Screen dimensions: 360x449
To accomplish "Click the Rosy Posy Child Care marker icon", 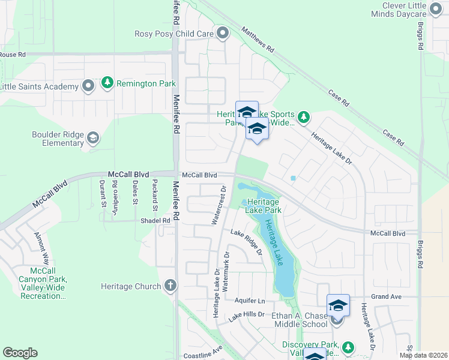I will point(223,34).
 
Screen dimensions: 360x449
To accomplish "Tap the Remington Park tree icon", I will point(107,83).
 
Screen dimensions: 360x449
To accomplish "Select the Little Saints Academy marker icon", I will point(88,86).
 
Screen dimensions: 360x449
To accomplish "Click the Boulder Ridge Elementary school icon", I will point(93,139).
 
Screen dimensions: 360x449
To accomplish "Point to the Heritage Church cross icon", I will point(170,286).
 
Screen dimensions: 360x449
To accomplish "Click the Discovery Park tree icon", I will point(348,347).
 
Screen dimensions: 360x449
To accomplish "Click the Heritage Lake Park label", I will point(262,206).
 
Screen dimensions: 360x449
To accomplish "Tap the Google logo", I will point(20,353).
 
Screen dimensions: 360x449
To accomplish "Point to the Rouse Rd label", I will point(13,55).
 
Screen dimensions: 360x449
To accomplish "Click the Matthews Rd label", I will point(258,38).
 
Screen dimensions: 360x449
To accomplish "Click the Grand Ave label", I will point(385,297).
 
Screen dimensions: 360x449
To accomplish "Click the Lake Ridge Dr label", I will point(246,242).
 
